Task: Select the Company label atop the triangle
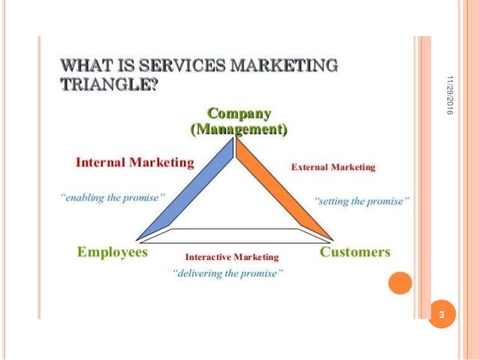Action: pyautogui.click(x=239, y=114)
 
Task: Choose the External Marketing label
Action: pyautogui.click(x=333, y=167)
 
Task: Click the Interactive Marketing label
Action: pyautogui.click(x=231, y=256)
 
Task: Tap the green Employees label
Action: pyautogui.click(x=113, y=252)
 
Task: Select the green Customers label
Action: pyautogui.click(x=355, y=252)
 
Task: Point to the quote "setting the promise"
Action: pyautogui.click(x=362, y=201)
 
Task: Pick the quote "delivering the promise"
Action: pyautogui.click(x=228, y=273)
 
